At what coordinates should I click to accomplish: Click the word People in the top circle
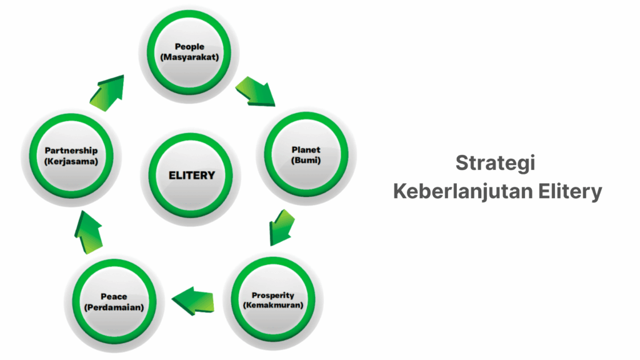[x=189, y=46]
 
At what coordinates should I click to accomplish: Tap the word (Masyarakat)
[x=189, y=57]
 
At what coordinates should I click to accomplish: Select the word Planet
[x=306, y=150]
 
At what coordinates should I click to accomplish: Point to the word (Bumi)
[x=306, y=160]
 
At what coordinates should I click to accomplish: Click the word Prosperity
[x=272, y=295]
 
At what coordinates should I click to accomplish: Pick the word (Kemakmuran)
[x=272, y=305]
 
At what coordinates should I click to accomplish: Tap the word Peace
[x=114, y=297]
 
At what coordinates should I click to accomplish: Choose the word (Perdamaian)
[x=114, y=307]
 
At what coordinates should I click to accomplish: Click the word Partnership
[x=71, y=151]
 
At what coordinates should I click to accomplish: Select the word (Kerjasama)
[x=71, y=161]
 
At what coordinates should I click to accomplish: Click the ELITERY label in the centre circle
[x=191, y=176]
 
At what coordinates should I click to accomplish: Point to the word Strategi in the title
[x=495, y=163]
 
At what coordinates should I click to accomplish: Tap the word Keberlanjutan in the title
[x=462, y=191]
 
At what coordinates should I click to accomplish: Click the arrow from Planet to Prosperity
[x=281, y=227]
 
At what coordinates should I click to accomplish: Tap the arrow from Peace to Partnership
[x=88, y=232]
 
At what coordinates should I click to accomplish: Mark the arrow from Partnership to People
[x=107, y=94]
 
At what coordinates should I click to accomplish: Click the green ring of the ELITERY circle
[x=191, y=138]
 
